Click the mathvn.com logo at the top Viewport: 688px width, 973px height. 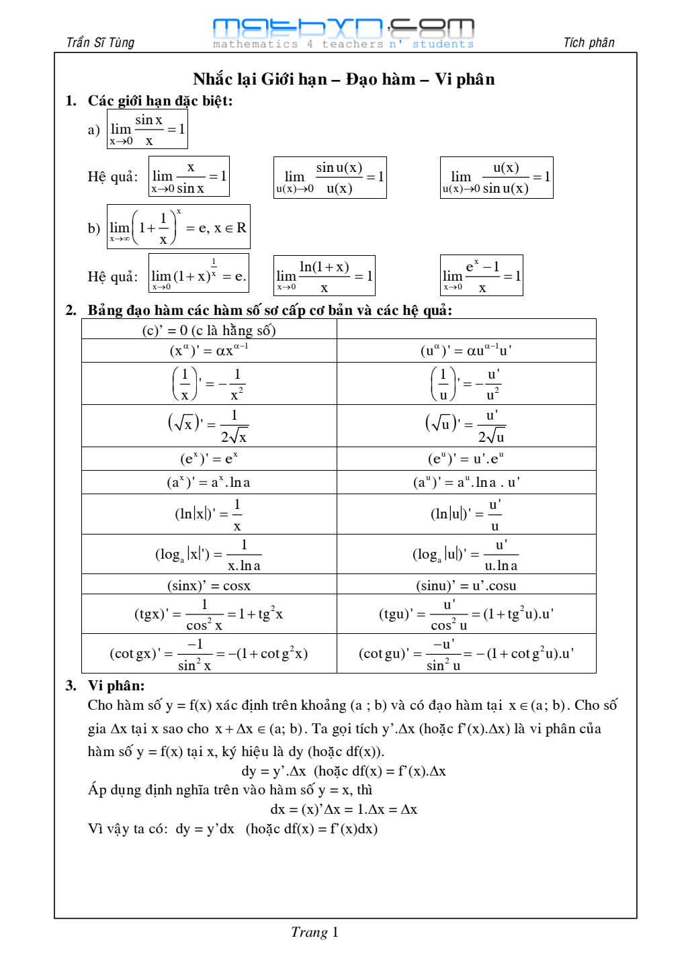coord(343,33)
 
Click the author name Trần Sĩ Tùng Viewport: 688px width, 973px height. coord(100,43)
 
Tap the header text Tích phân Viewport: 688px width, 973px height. coord(589,43)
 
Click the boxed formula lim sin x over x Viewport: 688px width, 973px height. coord(147,129)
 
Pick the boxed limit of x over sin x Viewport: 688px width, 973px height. coord(189,177)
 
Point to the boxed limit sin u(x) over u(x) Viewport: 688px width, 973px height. coord(330,177)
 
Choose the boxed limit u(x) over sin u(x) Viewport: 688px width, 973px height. coord(497,177)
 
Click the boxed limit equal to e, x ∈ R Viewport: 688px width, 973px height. coord(179,227)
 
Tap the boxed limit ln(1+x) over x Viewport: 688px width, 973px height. coord(325,276)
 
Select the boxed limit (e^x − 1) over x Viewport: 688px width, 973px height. coord(482,275)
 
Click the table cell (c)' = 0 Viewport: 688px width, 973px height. coord(209,330)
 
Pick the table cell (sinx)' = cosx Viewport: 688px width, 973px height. coord(209,585)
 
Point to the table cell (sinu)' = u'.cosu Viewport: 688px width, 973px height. coord(466,585)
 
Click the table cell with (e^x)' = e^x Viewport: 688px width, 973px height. coord(209,459)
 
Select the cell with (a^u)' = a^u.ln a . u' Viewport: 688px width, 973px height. coord(466,482)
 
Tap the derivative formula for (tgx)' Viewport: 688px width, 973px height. coord(209,614)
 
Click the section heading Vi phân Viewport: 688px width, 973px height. coord(116,686)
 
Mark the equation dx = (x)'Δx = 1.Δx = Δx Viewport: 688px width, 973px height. coord(343,809)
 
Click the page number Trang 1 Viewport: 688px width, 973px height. coord(314,932)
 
